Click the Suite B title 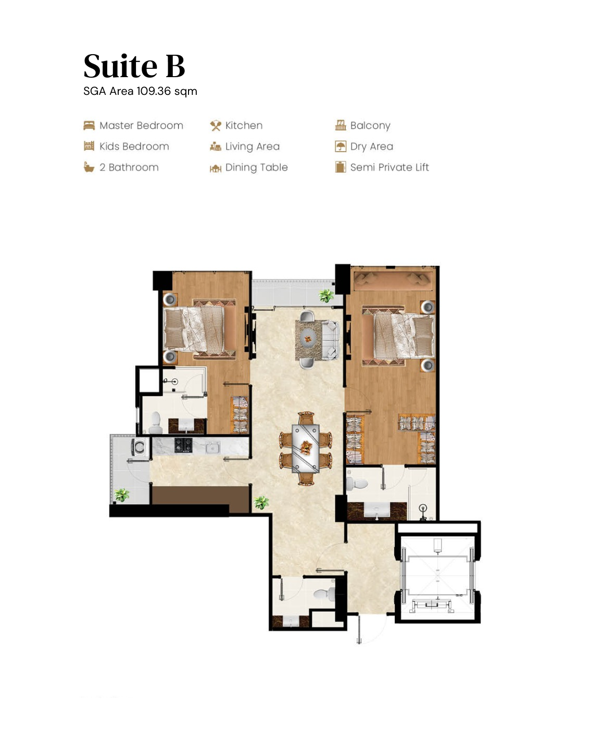coord(134,66)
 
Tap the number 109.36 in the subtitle coord(154,91)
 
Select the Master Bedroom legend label coord(141,126)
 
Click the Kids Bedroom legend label coord(134,146)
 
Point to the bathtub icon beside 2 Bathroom coord(89,167)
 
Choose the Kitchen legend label coord(244,126)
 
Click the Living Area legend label coord(252,146)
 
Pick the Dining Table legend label coord(256,167)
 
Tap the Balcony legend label coord(370,126)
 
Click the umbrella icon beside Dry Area coord(341,146)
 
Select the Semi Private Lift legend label coord(389,167)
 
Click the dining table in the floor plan coord(306,448)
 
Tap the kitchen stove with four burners coord(183,445)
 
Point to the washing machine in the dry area coord(139,447)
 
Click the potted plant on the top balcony coord(327,296)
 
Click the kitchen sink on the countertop coord(212,447)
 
